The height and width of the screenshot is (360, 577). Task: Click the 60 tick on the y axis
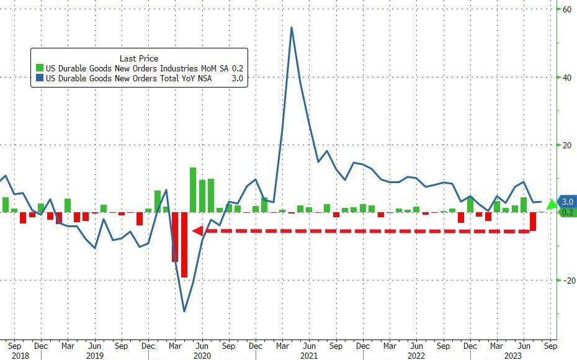(566, 9)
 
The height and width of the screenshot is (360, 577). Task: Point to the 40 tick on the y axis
(566, 77)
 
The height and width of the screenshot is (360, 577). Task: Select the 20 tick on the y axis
(566, 145)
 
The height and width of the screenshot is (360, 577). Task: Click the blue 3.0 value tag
(567, 202)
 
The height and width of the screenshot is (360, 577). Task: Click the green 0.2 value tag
(567, 212)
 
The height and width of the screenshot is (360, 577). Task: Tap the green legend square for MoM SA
(40, 68)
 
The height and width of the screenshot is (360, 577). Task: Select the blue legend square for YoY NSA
(40, 79)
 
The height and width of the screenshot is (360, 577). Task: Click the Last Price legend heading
(139, 58)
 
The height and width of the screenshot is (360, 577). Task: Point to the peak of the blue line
(292, 27)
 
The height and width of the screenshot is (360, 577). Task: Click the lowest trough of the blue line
(184, 311)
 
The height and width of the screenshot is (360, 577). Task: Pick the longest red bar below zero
(184, 245)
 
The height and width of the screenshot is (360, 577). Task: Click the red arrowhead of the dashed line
(197, 231)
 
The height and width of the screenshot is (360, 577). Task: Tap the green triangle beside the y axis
(551, 203)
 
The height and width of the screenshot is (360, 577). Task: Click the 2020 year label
(202, 356)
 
